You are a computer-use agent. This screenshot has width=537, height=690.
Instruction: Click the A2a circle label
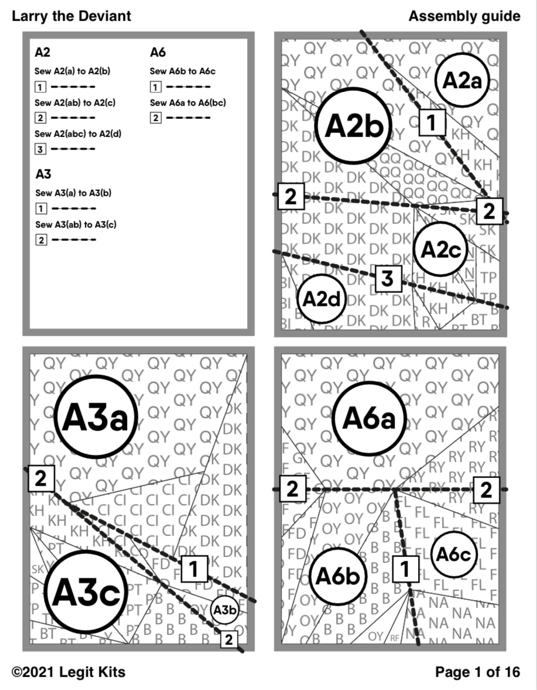462,81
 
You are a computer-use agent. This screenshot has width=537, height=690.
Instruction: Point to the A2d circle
321,299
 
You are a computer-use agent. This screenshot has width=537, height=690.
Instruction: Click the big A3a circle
96,417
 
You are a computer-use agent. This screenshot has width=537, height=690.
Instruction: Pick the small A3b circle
224,610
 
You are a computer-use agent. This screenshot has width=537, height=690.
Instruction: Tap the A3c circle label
85,592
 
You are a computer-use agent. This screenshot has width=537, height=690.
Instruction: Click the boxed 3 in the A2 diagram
387,279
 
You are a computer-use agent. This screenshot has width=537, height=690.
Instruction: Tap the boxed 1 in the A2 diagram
432,122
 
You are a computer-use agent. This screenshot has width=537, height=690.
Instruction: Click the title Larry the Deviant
71,16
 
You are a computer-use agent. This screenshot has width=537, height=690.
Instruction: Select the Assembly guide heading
464,16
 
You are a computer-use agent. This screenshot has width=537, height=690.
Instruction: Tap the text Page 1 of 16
477,672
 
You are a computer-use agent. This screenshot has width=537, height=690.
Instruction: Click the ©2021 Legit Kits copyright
69,672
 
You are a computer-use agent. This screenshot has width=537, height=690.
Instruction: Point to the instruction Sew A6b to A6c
183,71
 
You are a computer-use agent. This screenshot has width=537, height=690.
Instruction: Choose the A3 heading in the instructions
43,174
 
